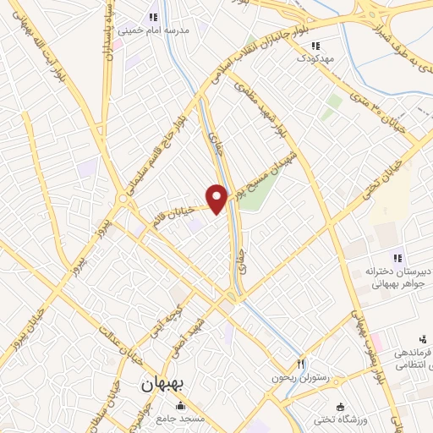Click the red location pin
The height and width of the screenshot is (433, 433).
[218, 200]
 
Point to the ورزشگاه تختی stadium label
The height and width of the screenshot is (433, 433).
[368, 420]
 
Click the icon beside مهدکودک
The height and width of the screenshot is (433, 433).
[315, 46]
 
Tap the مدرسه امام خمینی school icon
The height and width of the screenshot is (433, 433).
[153, 17]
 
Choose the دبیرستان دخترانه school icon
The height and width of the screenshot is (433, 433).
[396, 258]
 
